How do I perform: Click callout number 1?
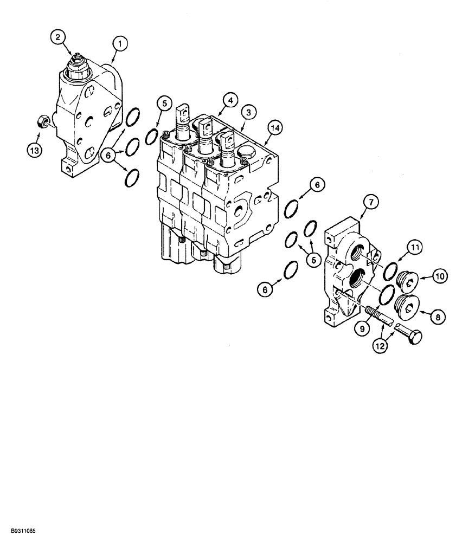point(119,41)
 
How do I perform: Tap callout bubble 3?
point(248,112)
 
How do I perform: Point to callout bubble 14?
point(275,128)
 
